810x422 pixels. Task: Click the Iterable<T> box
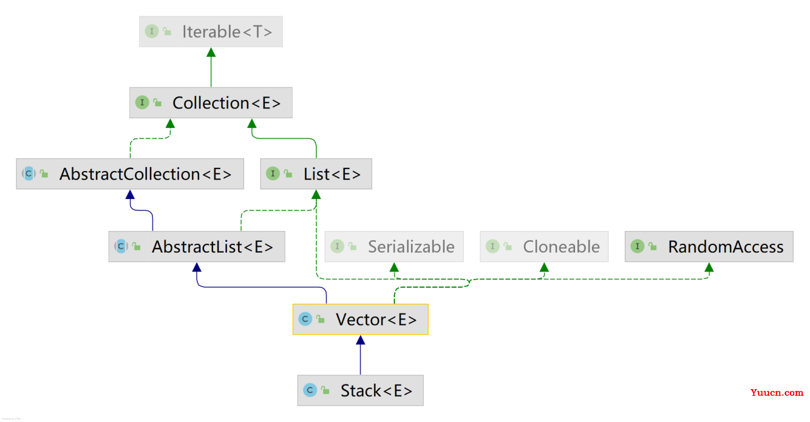click(211, 31)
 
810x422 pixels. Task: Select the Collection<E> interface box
click(211, 103)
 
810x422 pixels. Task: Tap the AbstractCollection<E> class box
click(130, 174)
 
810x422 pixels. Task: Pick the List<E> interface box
click(316, 174)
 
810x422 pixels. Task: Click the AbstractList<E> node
click(197, 247)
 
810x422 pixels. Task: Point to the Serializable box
click(394, 247)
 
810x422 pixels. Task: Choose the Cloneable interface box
click(544, 247)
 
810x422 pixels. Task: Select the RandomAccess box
click(709, 247)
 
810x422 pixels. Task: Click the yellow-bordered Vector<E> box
click(361, 319)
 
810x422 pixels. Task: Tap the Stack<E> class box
click(361, 390)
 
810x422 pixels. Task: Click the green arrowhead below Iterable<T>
click(211, 52)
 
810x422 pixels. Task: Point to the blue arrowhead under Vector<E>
click(361, 340)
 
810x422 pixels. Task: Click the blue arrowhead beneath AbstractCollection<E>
click(130, 195)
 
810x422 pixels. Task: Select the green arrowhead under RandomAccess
click(709, 267)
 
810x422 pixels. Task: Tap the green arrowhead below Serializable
click(394, 267)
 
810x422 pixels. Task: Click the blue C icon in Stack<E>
click(310, 390)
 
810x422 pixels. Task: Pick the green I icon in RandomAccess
click(638, 247)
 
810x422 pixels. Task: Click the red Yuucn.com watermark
click(777, 392)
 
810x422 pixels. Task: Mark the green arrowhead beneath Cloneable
click(544, 267)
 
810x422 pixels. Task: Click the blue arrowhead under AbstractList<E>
click(197, 267)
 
